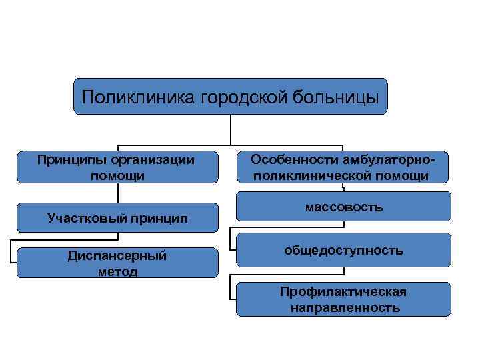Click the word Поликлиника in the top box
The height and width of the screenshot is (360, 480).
137,98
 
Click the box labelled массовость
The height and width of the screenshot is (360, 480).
343,207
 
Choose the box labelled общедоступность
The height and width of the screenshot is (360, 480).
343,251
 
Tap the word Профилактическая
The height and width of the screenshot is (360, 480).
343,292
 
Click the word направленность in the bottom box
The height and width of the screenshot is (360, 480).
345,307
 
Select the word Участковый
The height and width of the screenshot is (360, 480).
87,217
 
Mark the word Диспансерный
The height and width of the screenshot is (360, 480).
117,256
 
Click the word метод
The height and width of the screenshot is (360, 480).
117,271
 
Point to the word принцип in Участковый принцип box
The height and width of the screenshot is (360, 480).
159,217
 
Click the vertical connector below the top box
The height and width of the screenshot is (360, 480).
231,130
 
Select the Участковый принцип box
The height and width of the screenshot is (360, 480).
117,217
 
